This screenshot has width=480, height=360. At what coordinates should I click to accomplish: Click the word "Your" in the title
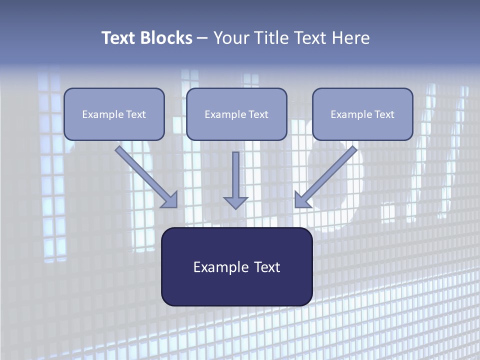pos(228,38)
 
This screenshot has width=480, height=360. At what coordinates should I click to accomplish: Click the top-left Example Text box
pos(114,114)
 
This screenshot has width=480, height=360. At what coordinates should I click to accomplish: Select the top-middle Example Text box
pos(236,114)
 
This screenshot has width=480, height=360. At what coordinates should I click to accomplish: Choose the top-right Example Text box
pos(362,114)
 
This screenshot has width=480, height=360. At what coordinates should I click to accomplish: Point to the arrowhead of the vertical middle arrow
pos(235,202)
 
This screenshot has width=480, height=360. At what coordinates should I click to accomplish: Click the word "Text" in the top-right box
pos(384,114)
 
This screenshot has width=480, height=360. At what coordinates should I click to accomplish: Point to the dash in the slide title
pos(202,38)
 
